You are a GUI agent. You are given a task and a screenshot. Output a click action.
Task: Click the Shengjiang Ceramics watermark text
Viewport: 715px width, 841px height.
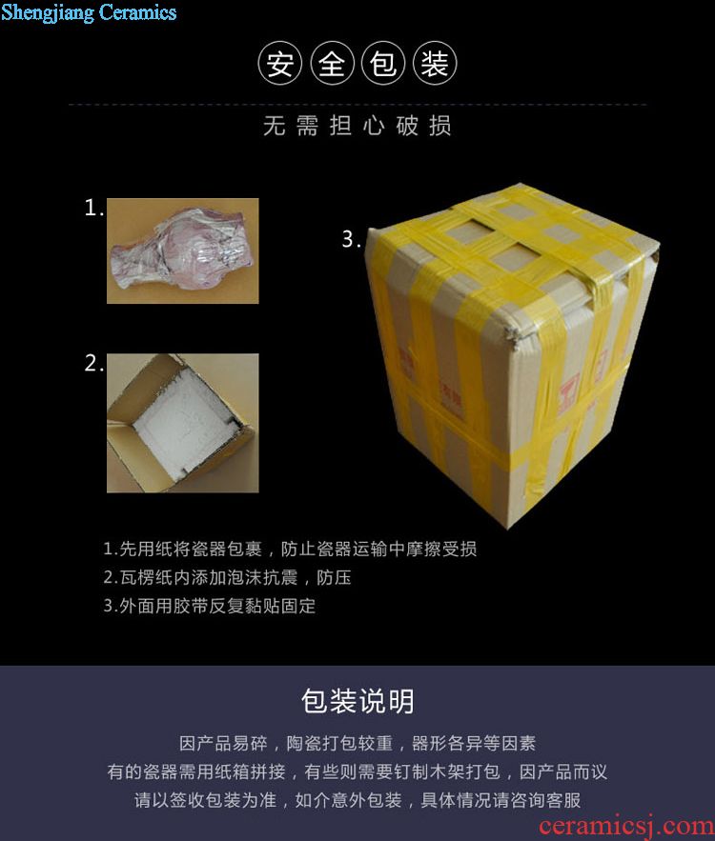(x=89, y=12)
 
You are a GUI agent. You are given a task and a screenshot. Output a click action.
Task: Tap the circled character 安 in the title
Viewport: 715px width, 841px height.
(x=279, y=63)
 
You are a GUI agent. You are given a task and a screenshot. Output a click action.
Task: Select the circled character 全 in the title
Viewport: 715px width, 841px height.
(x=332, y=63)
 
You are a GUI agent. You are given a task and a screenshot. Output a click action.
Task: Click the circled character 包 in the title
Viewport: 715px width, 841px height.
(x=383, y=63)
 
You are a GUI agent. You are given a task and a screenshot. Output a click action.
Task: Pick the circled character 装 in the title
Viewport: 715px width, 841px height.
(x=435, y=63)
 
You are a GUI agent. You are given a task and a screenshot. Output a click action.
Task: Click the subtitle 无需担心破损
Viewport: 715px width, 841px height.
(x=357, y=126)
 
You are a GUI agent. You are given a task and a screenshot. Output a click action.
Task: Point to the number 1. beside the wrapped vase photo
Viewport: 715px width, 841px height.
(x=94, y=208)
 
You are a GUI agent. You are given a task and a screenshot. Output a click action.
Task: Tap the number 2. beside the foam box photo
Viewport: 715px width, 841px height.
(x=94, y=363)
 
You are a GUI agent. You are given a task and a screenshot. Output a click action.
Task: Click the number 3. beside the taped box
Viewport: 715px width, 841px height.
(x=352, y=239)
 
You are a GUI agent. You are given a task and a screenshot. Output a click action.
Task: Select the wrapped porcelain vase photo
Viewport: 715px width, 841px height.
(x=182, y=251)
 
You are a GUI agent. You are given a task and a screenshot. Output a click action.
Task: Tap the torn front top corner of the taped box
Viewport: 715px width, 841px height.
(x=513, y=334)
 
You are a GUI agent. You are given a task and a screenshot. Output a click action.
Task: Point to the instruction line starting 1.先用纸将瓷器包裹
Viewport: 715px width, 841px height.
(x=290, y=549)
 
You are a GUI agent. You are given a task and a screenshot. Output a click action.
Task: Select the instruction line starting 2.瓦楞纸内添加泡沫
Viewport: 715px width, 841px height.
(x=227, y=577)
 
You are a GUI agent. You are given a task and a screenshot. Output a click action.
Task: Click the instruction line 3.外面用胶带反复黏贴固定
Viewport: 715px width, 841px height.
(x=210, y=606)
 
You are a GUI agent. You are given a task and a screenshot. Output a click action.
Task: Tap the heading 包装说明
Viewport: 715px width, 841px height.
(x=357, y=700)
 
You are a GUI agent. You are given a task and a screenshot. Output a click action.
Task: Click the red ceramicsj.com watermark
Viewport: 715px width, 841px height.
(x=626, y=826)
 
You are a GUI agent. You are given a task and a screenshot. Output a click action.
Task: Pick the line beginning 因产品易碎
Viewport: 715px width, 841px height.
(x=357, y=744)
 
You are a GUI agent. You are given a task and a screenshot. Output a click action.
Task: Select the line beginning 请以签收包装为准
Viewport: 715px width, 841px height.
(x=357, y=800)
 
